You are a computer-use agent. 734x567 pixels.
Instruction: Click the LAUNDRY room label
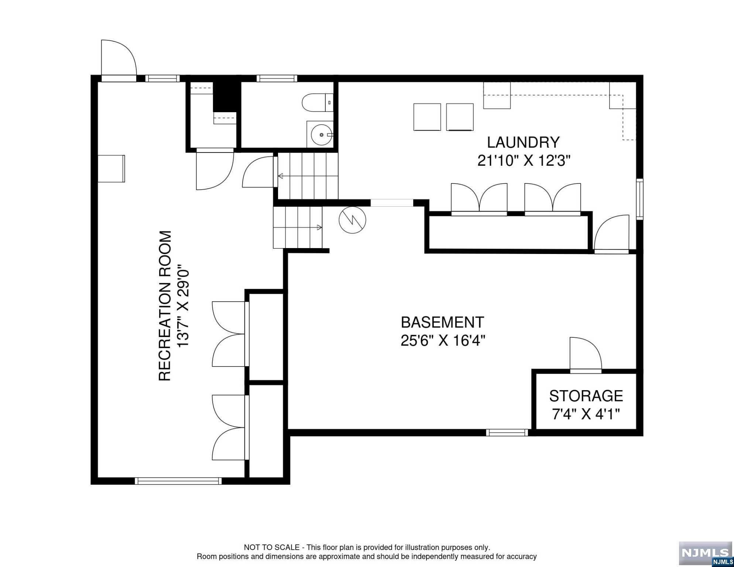(523, 142)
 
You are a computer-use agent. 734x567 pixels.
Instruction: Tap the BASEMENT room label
(442, 322)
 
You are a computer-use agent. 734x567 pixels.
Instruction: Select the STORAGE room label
(586, 396)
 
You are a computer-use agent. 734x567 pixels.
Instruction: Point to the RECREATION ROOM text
(165, 306)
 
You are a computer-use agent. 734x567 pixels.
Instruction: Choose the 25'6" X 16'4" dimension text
(442, 340)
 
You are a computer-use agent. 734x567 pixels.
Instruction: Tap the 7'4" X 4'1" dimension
(586, 414)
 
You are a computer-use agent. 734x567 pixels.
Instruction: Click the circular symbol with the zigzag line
(352, 220)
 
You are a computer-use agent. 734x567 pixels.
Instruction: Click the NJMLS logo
(705, 553)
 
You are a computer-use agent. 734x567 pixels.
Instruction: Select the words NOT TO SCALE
(272, 547)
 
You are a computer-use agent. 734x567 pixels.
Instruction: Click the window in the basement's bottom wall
(507, 432)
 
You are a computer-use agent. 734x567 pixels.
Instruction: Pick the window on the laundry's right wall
(639, 199)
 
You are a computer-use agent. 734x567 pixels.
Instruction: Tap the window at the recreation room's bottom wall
(178, 481)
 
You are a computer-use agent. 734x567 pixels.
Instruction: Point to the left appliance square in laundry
(427, 117)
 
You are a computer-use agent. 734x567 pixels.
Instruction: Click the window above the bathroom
(277, 78)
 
